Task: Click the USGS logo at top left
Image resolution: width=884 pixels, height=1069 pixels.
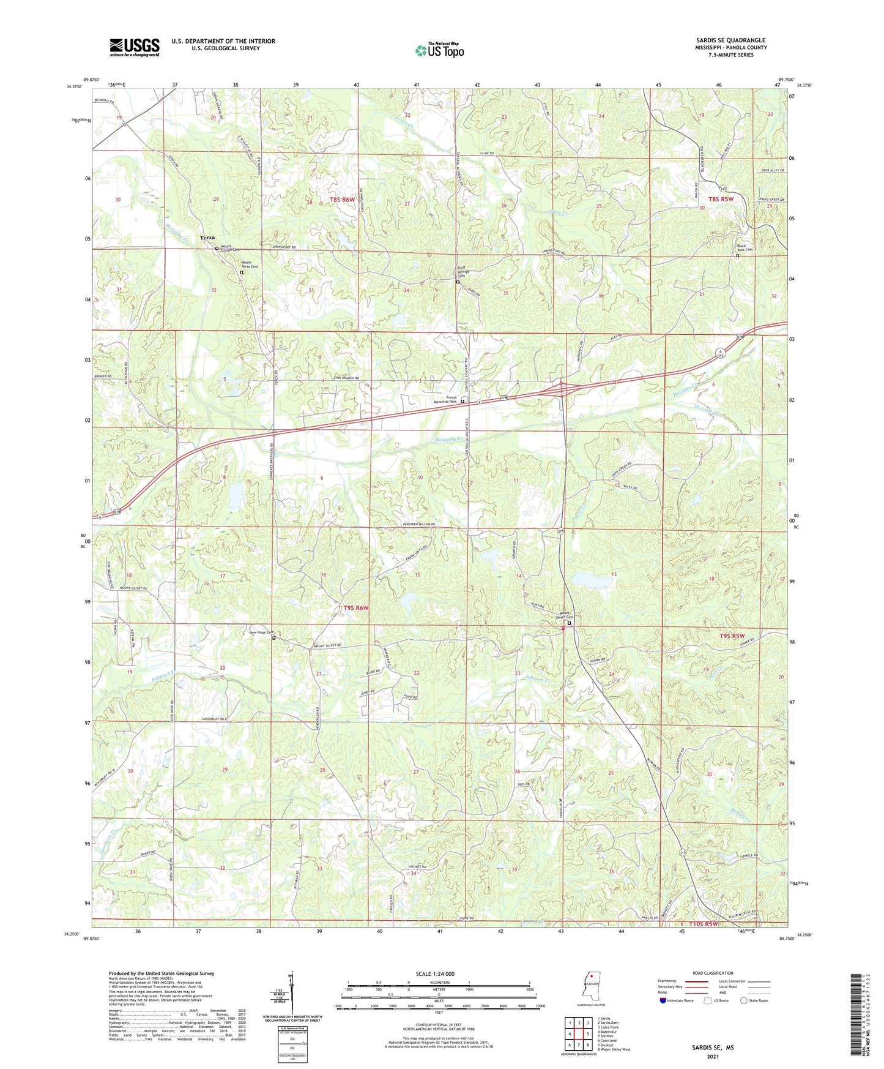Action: coord(134,47)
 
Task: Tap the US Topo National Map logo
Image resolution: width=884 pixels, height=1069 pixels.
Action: coord(439,50)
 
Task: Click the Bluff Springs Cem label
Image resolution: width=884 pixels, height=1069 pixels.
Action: coord(467,273)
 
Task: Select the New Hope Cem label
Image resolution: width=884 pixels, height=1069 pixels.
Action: coord(261,632)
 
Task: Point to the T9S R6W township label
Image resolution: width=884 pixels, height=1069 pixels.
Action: coord(357,608)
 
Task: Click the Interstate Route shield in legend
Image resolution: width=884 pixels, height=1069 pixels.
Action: coord(663,1000)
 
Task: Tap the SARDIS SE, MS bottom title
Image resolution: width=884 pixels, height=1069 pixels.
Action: coord(713,1048)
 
